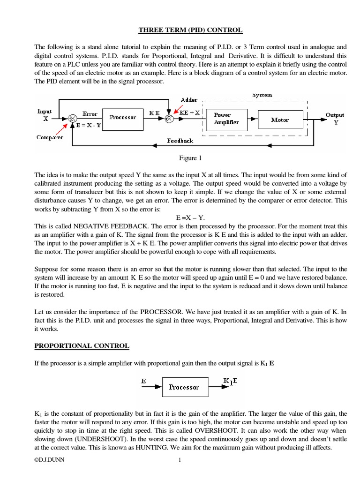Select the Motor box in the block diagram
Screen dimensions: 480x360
[x=280, y=120]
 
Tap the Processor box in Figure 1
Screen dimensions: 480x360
[x=123, y=117]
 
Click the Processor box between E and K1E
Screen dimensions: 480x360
[x=184, y=387]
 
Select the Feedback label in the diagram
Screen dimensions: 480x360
[x=180, y=141]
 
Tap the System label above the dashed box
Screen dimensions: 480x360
[x=262, y=95]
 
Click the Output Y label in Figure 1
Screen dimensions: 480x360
[x=335, y=118]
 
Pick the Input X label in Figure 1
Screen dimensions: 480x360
[x=45, y=115]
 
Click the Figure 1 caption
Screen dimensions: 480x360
[x=190, y=158]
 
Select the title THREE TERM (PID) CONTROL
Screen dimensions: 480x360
[x=190, y=30]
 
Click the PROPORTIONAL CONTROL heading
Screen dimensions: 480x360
[x=82, y=346]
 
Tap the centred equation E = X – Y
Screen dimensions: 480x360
[x=190, y=218]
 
